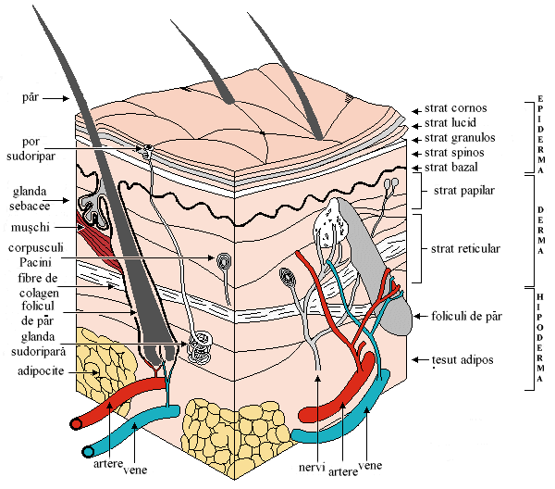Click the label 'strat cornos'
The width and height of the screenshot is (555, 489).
[x=455, y=107]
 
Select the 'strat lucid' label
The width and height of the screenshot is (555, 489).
[x=452, y=122]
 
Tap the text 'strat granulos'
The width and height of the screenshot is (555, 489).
[x=460, y=137]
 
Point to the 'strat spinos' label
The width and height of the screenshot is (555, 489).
[x=454, y=152]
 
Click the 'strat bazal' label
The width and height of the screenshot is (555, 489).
[x=452, y=167]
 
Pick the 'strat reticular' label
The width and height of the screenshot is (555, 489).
[x=465, y=248]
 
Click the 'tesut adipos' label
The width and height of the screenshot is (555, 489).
[x=462, y=358]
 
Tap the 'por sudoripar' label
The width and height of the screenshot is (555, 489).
[x=42, y=148]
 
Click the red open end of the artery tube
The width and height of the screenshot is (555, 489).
[x=76, y=424]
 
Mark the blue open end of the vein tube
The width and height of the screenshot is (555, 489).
[x=90, y=451]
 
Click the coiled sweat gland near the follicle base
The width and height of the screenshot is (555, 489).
[x=197, y=346]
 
